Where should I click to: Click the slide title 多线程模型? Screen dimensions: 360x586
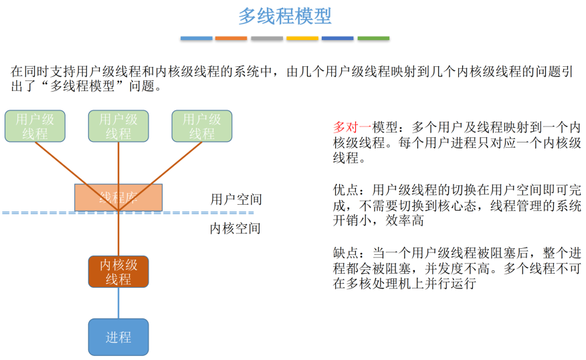click(284, 16)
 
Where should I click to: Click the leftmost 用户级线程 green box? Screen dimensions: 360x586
click(35, 126)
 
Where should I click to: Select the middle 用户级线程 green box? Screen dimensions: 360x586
click(118, 126)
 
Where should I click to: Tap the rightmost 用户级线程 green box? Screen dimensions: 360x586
click(201, 126)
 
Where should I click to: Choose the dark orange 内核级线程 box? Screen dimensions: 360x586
click(118, 272)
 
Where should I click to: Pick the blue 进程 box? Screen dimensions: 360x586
click(118, 337)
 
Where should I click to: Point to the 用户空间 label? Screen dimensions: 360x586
click(235, 199)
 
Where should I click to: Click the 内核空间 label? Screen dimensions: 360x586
click(235, 228)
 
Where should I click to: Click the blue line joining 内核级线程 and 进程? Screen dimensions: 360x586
click(118, 303)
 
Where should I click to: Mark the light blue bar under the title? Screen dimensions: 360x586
click(196, 38)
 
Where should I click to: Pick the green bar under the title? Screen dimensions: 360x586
click(373, 38)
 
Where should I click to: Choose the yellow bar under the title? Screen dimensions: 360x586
click(302, 38)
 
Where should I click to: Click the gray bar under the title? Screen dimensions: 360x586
click(267, 38)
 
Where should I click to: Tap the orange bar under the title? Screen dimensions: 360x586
click(231, 38)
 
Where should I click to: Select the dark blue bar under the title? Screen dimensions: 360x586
click(338, 38)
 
